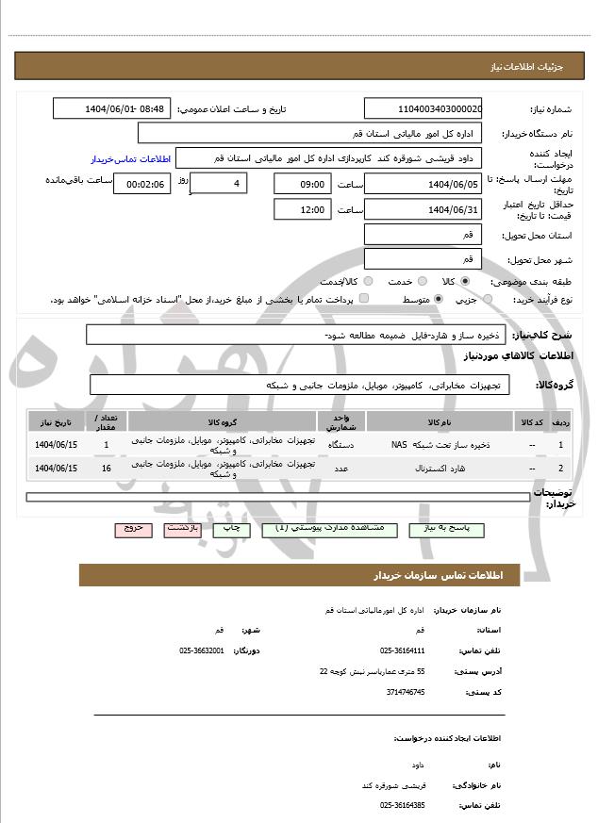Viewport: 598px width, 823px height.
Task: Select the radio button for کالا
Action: (465, 281)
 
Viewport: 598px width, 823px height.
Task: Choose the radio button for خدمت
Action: (421, 281)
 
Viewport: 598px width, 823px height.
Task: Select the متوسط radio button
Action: (439, 299)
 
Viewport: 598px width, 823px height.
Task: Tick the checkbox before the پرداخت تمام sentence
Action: (364, 299)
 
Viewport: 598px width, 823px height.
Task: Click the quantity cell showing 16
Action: (106, 469)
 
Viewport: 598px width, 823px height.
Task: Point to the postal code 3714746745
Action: (406, 692)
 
